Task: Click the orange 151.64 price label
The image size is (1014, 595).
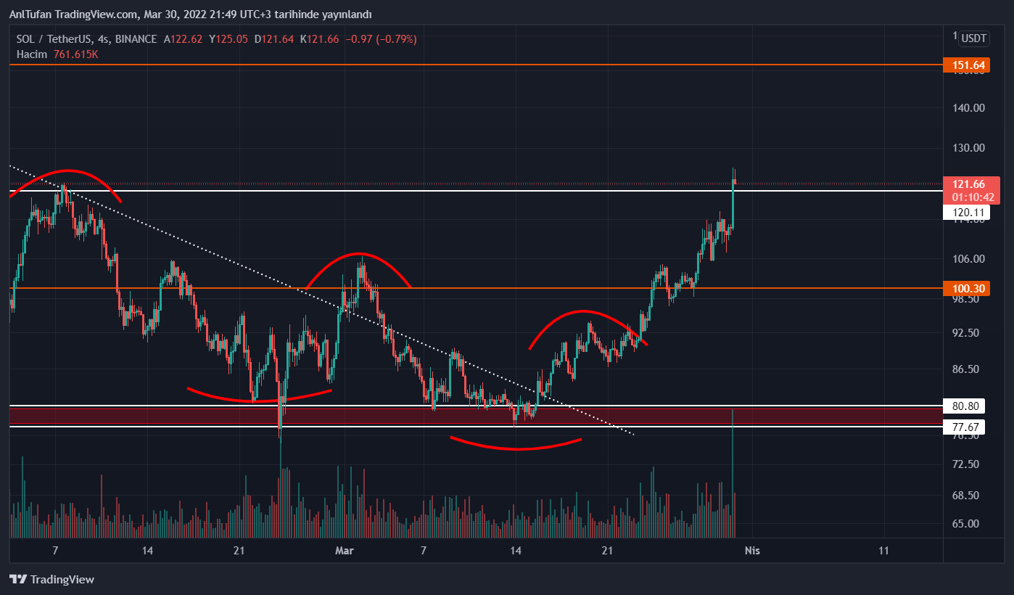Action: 969,65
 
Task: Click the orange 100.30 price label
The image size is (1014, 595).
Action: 969,289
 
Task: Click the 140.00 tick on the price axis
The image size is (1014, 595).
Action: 969,108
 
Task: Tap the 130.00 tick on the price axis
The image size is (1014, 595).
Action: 969,148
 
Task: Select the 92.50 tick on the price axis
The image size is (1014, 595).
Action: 969,333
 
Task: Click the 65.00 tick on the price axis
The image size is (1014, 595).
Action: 969,524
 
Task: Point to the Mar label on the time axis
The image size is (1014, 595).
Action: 344,551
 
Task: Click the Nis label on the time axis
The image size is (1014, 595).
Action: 752,551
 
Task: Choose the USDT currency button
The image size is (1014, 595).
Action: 975,38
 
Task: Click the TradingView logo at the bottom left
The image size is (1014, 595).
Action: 51,579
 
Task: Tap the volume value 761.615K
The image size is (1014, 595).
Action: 76,54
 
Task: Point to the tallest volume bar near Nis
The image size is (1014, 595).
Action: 733,472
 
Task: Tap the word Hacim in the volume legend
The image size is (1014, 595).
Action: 31,54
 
